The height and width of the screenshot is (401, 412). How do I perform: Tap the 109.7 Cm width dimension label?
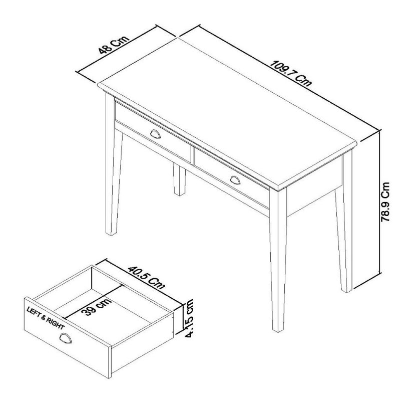(x=291, y=74)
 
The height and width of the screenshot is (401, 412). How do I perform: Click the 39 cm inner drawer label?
(x=98, y=303)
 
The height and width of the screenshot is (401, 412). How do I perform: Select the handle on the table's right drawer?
(x=236, y=178)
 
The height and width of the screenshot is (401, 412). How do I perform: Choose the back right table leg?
(x=343, y=226)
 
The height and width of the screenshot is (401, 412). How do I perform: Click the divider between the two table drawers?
(x=192, y=152)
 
